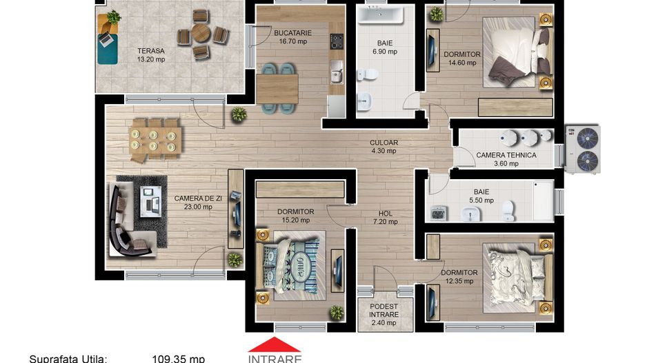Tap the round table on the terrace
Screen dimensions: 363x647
pyautogui.click(x=201, y=33)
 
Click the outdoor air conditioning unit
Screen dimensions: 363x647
pyautogui.click(x=582, y=149)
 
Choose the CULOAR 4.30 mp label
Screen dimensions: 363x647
pyautogui.click(x=384, y=147)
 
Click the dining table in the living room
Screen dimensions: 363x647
pyautogui.click(x=155, y=138)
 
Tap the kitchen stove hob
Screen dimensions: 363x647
pyautogui.click(x=336, y=41)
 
